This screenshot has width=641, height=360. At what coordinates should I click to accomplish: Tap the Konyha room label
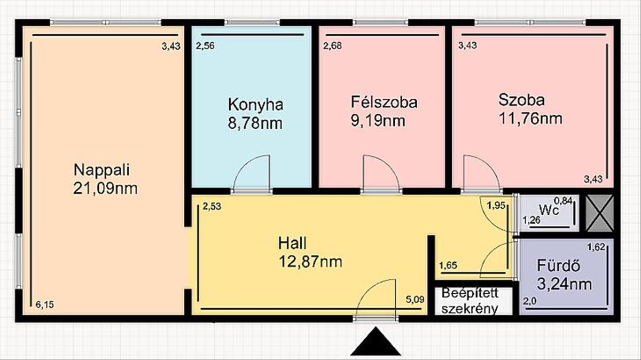pos(255,105)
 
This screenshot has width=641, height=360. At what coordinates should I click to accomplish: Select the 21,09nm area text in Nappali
pos(105,189)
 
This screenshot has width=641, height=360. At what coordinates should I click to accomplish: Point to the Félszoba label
pos(384,102)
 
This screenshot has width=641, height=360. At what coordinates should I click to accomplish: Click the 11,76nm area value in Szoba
pos(530,118)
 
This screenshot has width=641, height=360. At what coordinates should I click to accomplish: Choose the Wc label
pos(549,210)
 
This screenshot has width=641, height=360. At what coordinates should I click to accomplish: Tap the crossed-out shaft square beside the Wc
pos(599,213)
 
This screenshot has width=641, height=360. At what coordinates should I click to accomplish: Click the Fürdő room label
pos(558,265)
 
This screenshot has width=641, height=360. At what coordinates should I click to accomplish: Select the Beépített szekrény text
pos(470,301)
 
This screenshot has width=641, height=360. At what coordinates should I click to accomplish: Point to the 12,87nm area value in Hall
pos(310,261)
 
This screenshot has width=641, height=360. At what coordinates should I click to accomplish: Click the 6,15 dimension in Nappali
pos(45,304)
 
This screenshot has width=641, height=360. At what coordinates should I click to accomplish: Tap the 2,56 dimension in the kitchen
pos(205,45)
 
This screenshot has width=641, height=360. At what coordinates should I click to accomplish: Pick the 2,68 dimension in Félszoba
pos(332,45)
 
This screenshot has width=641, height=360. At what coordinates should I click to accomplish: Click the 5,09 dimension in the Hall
pos(415,300)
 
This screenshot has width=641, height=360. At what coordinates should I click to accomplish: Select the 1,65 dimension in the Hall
pos(448,265)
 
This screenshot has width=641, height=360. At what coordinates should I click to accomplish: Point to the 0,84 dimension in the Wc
pos(564,201)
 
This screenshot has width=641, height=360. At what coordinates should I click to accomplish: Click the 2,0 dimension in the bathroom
pos(530,301)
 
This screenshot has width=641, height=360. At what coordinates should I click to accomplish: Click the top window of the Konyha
pos(252,22)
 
